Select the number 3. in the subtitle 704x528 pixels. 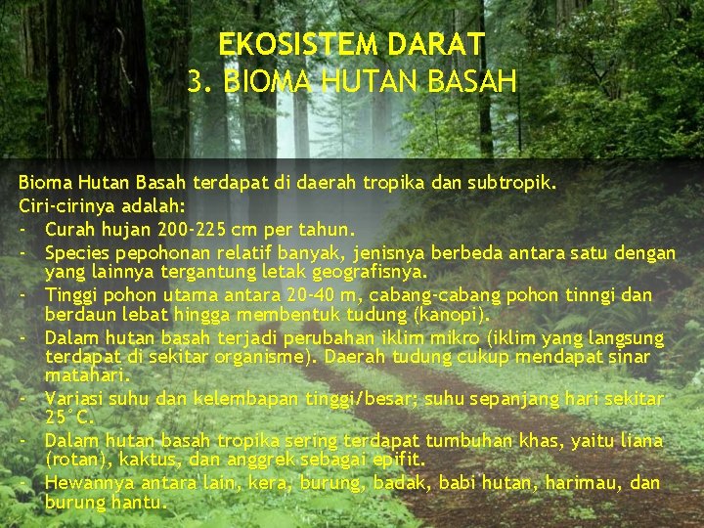201,81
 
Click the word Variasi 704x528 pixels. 75,399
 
